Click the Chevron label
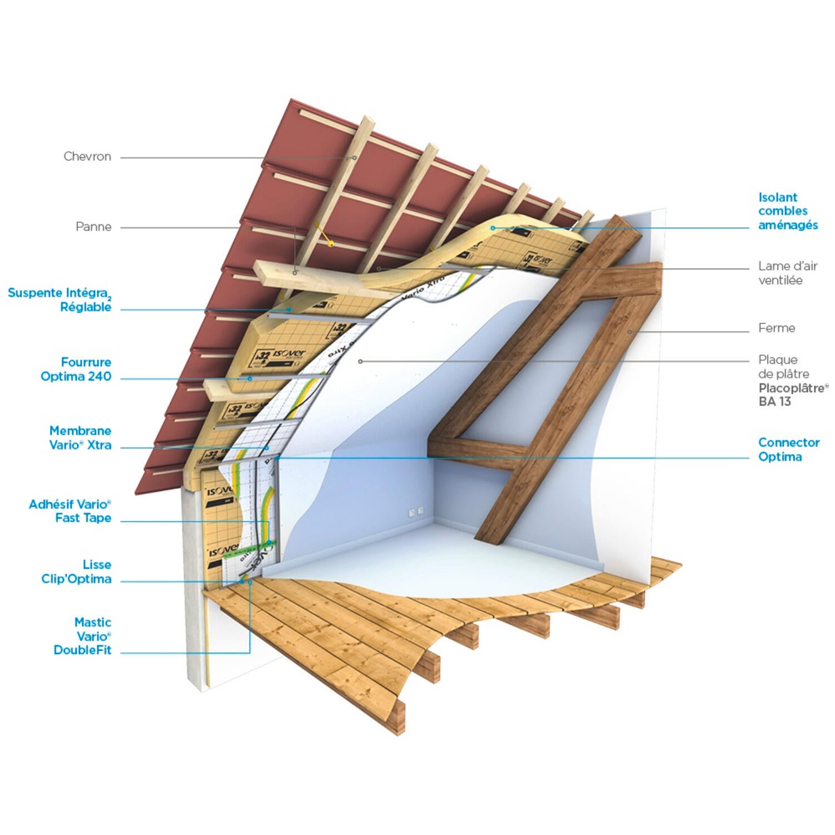tap(87, 156)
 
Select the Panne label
tap(94, 227)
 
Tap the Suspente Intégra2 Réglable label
tap(60, 299)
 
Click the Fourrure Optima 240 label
tap(76, 369)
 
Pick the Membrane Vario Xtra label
tap(80, 438)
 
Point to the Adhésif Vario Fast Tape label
tap(70, 511)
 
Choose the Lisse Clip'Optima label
tap(76, 572)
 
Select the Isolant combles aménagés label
tap(788, 211)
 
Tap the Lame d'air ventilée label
tap(787, 273)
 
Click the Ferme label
tap(777, 328)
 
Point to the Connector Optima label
tap(788, 449)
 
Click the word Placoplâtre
tap(793, 388)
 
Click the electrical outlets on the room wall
tap(416, 510)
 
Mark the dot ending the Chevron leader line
tap(354, 158)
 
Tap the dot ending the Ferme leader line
tap(630, 332)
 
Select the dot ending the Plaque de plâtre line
tap(360, 361)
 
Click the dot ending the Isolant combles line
tap(493, 228)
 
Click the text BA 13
tap(774, 401)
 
